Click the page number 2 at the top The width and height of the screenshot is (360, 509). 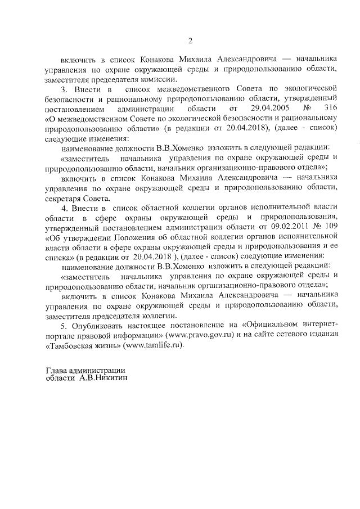pyautogui.click(x=190, y=40)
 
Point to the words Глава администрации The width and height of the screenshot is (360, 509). pyautogui.click(x=84, y=370)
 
